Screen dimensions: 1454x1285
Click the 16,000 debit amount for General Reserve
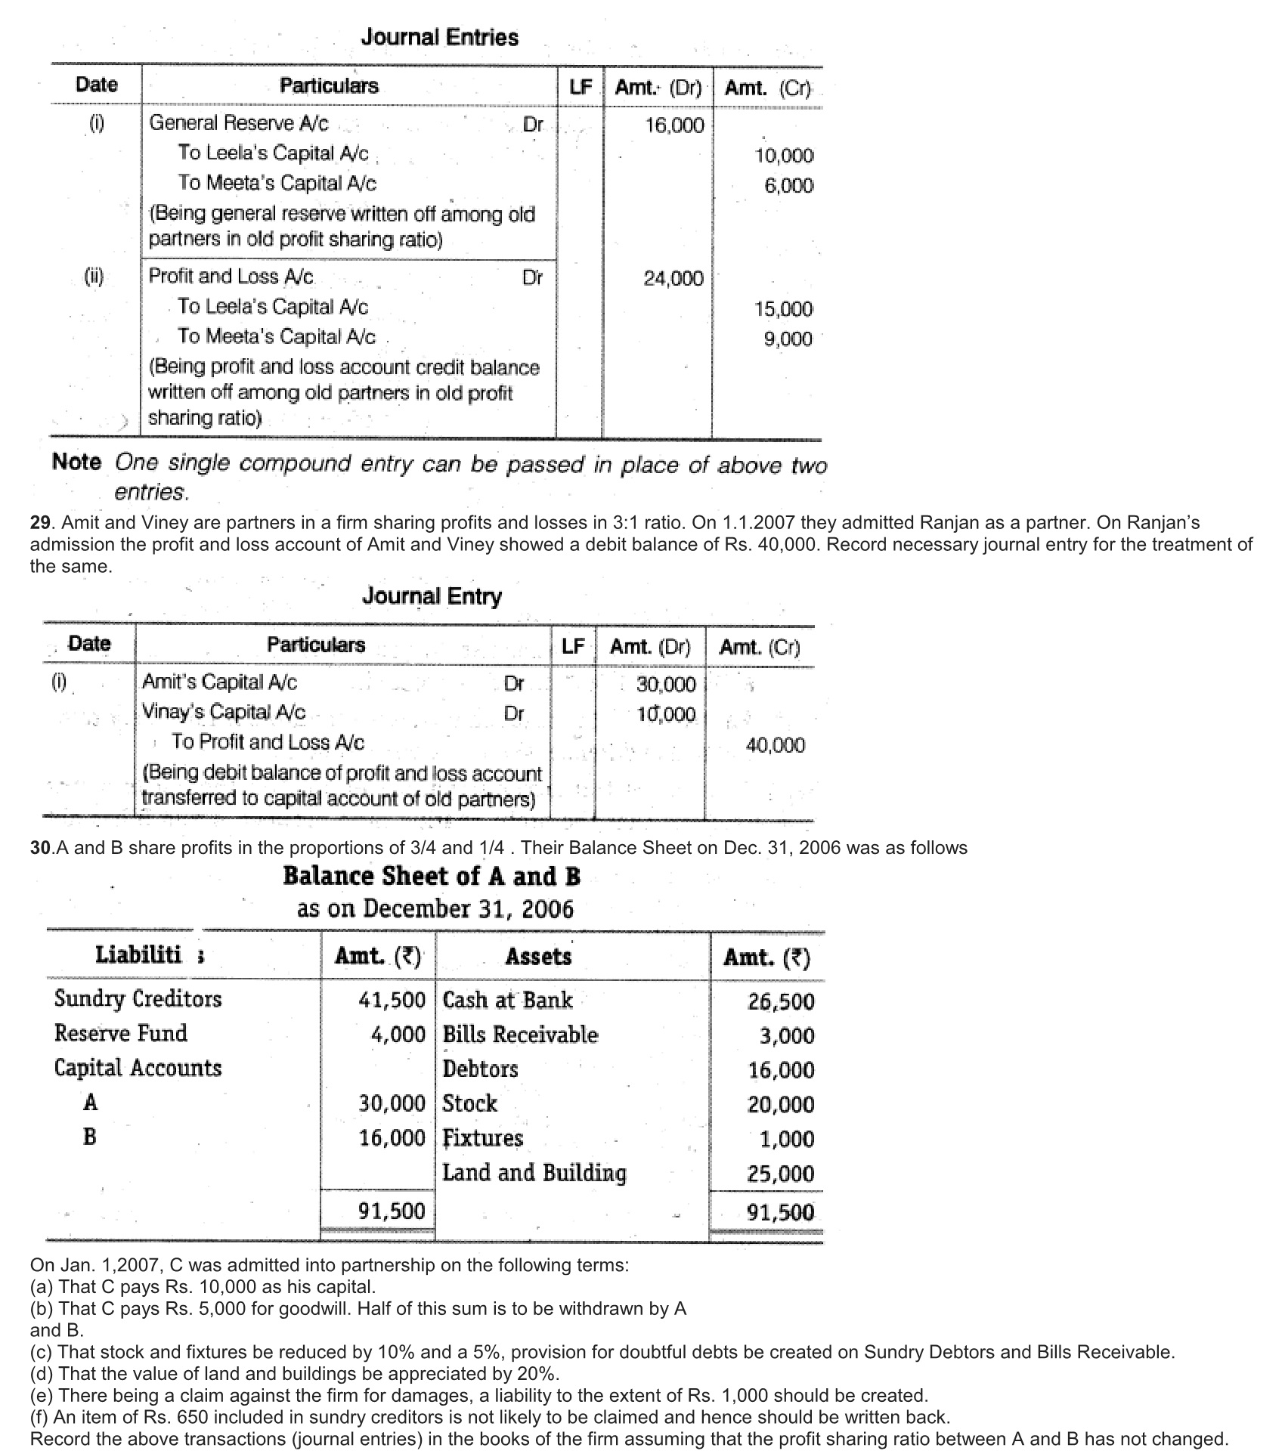click(x=674, y=125)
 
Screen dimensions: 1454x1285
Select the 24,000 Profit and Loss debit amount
click(x=673, y=279)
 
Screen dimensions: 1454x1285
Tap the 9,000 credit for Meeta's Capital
click(x=787, y=339)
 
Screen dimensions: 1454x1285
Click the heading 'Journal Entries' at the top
click(x=439, y=37)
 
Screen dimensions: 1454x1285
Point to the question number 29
click(x=39, y=523)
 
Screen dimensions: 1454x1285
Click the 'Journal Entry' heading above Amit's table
click(x=432, y=596)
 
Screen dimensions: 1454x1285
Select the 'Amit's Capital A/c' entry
click(x=219, y=682)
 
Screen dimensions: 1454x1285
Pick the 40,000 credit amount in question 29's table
click(x=775, y=746)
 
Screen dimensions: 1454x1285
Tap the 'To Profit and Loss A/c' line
click(x=268, y=742)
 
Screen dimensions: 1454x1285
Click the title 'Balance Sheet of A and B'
click(x=432, y=876)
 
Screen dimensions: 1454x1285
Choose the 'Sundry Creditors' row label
click(x=138, y=999)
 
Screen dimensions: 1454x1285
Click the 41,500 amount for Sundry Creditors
click(x=392, y=1001)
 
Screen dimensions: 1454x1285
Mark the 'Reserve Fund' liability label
click(x=120, y=1033)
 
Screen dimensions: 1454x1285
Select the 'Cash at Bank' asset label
click(x=507, y=1001)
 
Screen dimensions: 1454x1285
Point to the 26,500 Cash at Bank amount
click(x=781, y=1002)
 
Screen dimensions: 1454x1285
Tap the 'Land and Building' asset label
click(x=534, y=1173)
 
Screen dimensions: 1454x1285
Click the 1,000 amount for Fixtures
click(x=787, y=1140)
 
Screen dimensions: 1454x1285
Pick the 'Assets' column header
click(x=538, y=957)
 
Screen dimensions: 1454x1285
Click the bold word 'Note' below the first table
click(x=76, y=462)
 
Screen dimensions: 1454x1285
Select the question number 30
click(x=39, y=848)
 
